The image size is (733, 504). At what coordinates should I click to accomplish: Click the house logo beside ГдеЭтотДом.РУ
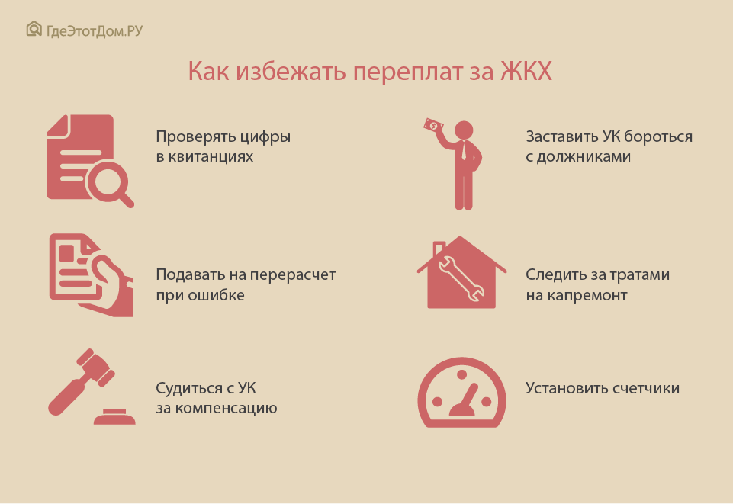click(34, 29)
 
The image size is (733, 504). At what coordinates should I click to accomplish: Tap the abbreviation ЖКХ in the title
click(526, 72)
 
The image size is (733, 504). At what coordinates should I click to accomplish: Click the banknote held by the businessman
click(433, 125)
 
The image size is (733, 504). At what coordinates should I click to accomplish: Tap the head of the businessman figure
click(464, 130)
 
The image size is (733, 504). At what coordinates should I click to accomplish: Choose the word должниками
click(584, 157)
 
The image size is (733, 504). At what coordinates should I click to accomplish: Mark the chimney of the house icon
click(439, 249)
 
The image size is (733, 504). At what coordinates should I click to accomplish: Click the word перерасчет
click(291, 275)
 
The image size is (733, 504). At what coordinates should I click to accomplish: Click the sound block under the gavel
click(114, 416)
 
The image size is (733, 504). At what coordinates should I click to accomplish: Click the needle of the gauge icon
click(465, 401)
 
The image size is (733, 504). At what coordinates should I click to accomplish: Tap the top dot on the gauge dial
click(462, 374)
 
